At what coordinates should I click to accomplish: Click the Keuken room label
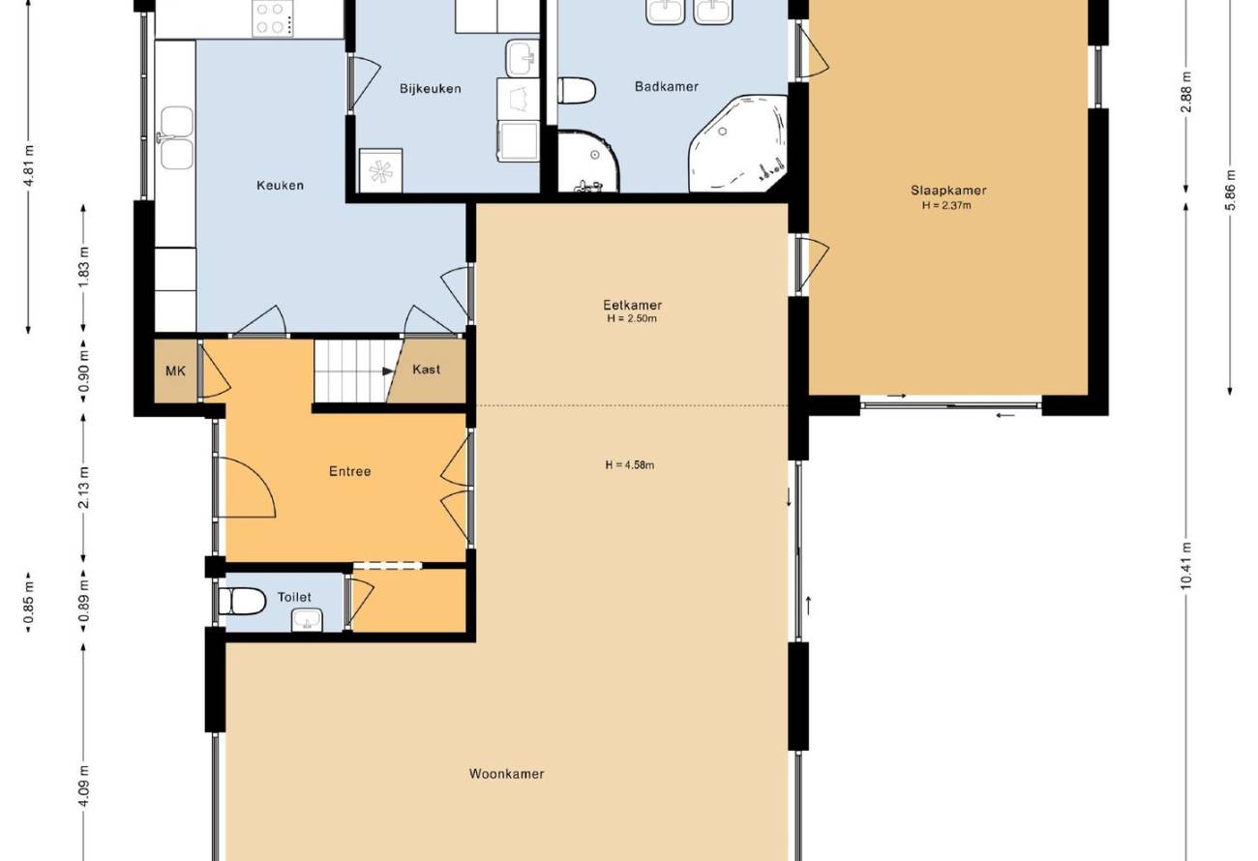280,185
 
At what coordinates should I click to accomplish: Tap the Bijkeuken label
431,89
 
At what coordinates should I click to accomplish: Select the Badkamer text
666,86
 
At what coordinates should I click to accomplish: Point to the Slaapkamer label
948,191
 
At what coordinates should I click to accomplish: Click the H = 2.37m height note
946,205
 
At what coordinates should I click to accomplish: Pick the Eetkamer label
632,306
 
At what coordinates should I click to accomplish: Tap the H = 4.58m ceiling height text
630,464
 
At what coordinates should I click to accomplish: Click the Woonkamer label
506,774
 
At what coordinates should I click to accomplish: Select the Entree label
350,471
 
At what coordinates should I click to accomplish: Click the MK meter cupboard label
176,371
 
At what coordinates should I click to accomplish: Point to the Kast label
426,370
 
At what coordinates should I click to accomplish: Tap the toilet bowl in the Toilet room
242,601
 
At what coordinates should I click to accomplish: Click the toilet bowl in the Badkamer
577,91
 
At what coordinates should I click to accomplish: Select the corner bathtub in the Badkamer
737,144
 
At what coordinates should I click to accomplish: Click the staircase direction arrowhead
388,371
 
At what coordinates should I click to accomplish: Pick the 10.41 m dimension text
1185,565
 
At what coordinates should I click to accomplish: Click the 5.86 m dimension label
1230,190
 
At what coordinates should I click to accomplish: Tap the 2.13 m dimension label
83,488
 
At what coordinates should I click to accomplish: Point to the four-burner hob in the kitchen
273,18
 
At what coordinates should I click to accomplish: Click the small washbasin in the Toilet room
307,621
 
